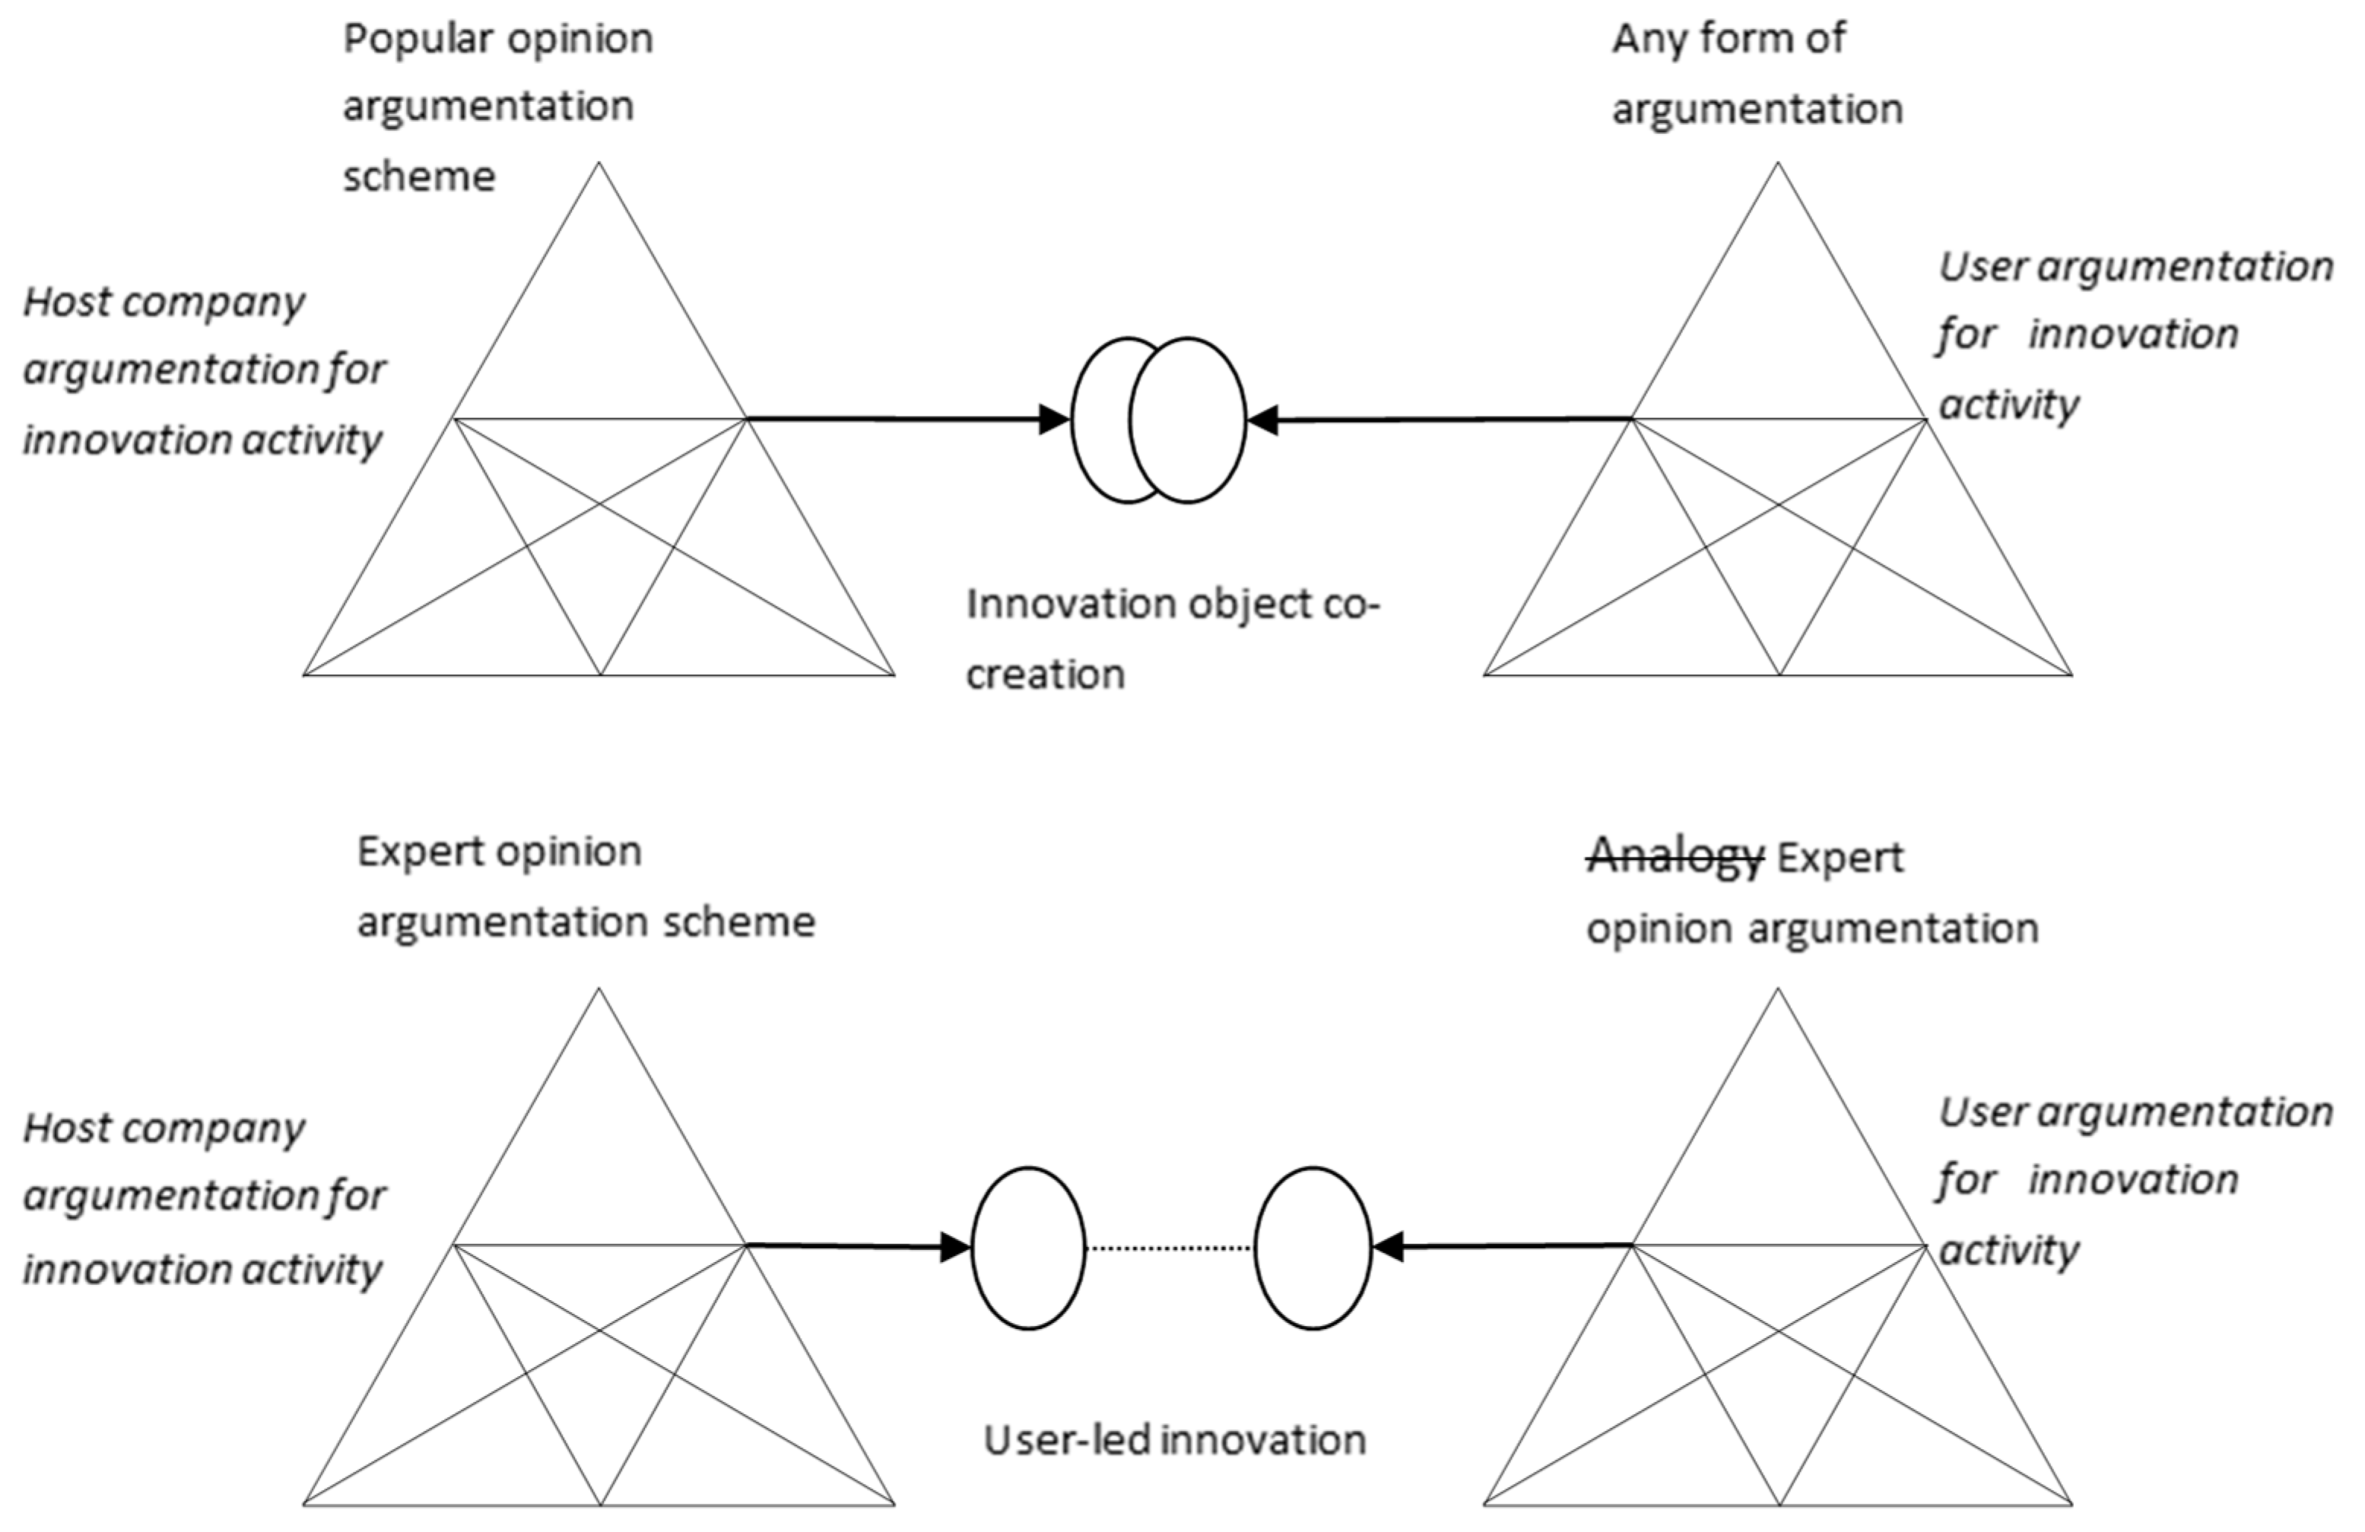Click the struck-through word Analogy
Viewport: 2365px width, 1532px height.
[1675, 856]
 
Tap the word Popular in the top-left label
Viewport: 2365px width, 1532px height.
[417, 40]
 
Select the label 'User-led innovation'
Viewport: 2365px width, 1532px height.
[1175, 1439]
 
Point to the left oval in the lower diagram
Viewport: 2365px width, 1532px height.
[1028, 1248]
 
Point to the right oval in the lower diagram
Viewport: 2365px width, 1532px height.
[1313, 1248]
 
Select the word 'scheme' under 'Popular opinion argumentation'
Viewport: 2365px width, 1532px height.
[419, 177]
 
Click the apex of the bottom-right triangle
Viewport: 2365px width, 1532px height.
[1778, 990]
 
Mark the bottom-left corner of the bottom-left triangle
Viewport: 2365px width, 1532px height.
[305, 1504]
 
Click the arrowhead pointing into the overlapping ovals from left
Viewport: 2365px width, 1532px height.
[1053, 419]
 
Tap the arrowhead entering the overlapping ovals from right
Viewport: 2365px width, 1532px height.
[1262, 420]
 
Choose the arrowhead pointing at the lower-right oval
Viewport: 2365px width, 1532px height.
[1387, 1246]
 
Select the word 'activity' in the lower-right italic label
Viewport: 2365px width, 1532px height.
[2009, 1251]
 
